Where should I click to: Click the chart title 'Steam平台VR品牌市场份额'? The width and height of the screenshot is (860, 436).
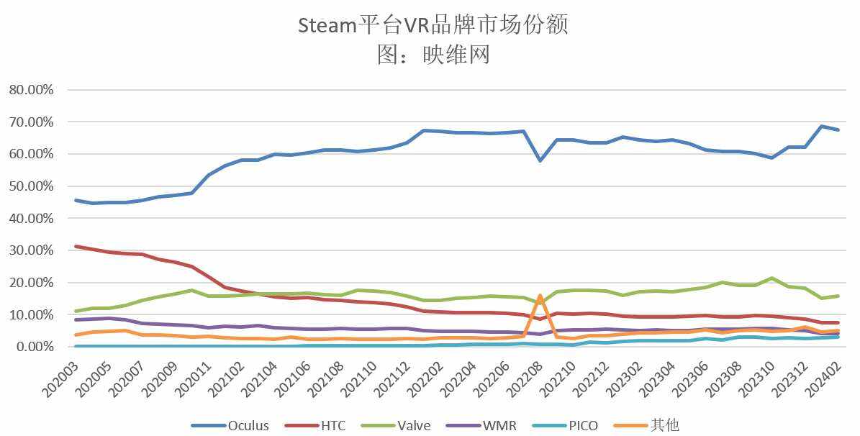pos(433,25)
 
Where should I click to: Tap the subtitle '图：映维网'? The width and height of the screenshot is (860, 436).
pos(433,54)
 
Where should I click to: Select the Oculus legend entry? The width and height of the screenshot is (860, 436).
pos(230,425)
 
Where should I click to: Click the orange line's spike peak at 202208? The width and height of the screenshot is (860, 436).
pos(540,296)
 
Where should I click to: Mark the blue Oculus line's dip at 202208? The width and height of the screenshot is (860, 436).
pos(540,160)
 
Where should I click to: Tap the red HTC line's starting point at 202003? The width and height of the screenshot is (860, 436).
pos(76,246)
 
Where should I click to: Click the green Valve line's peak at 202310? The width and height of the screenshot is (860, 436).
pos(771,278)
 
